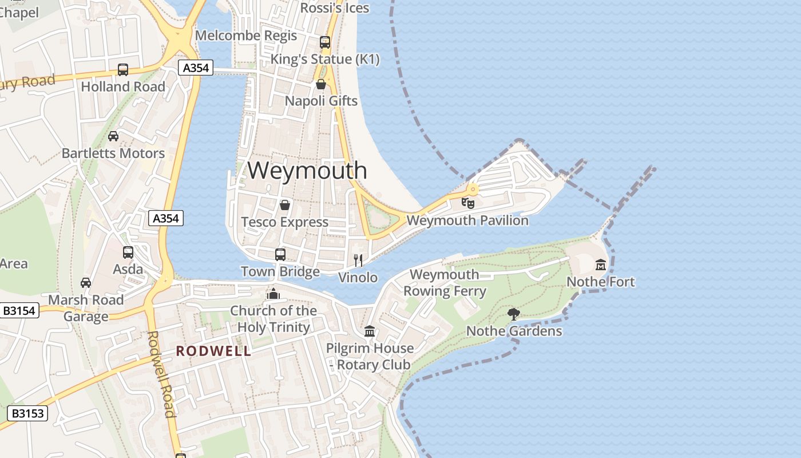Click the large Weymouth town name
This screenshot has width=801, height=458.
coord(307,170)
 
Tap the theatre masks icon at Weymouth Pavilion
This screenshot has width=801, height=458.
coord(468,203)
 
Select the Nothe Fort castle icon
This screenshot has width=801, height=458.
coord(600,264)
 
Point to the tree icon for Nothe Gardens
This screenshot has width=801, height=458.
coord(513,314)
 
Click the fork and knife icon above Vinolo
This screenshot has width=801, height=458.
coord(358,260)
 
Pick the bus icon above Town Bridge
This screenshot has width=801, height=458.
coord(280,254)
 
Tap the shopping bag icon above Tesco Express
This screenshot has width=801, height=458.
coord(284,205)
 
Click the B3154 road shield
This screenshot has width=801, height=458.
coord(19,311)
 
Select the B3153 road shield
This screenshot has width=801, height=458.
coord(27,413)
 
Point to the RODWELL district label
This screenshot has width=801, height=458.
coord(213,351)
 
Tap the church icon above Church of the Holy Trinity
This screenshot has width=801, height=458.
coord(273,294)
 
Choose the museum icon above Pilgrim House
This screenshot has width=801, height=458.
coord(370,331)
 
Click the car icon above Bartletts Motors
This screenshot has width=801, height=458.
coord(113,136)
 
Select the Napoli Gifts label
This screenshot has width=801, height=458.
coord(321,101)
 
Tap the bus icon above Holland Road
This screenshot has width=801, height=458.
coord(122,70)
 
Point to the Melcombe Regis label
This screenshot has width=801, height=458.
coord(246,35)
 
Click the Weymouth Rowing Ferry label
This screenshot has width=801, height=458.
coord(445,283)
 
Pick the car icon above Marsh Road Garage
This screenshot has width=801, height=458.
coord(85,283)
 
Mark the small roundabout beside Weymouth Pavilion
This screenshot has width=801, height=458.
coord(473,189)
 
